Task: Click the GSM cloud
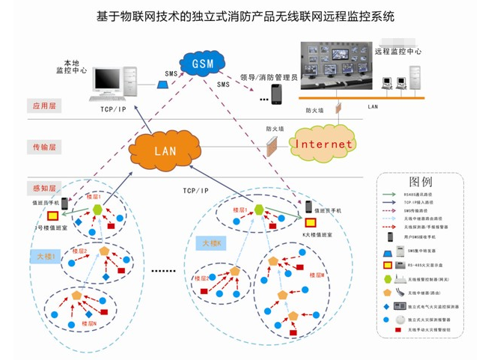pos(203,63)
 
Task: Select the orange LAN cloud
pos(165,150)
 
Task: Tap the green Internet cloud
pos(323,143)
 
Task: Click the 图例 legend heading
pos(421,182)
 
